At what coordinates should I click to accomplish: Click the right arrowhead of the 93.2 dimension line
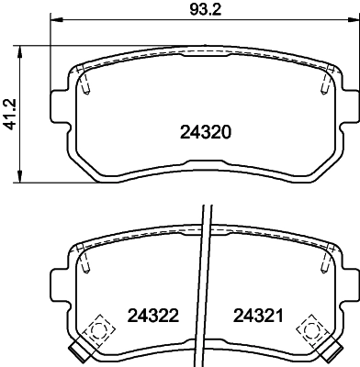353,20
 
